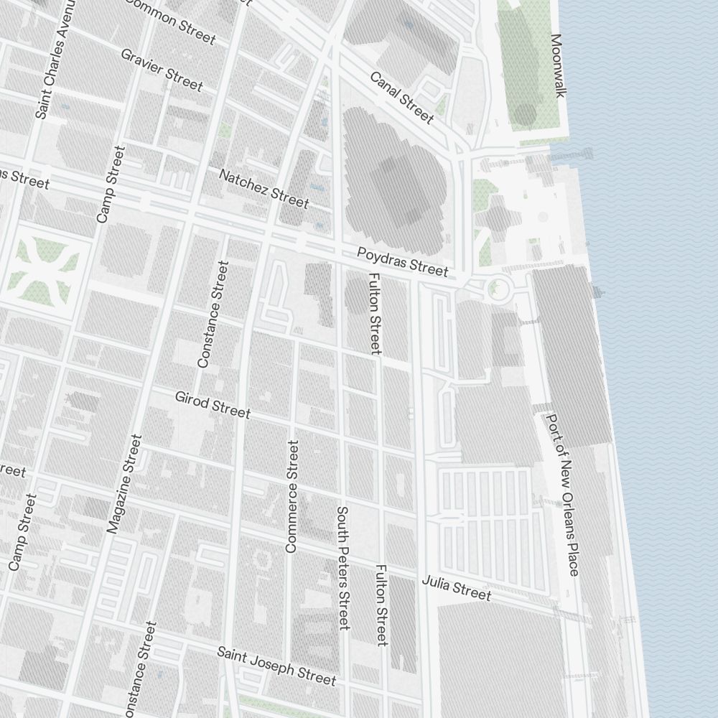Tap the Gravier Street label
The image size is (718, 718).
[x=162, y=70]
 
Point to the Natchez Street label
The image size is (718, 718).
[x=264, y=188]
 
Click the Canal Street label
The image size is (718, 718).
[x=402, y=97]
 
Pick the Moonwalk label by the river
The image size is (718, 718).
[x=559, y=65]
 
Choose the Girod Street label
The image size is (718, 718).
[x=213, y=404]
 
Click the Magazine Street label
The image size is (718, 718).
[x=124, y=483]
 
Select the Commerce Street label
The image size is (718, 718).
[x=292, y=497]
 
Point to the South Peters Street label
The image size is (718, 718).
[x=343, y=568]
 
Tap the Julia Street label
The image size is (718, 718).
[x=457, y=587]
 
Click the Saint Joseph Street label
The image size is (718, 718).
[x=276, y=665]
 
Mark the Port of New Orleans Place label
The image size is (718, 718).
[x=563, y=494]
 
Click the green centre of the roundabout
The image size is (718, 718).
[x=494, y=289]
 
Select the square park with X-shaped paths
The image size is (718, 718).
[x=45, y=271]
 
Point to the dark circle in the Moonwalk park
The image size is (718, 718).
[x=526, y=113]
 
